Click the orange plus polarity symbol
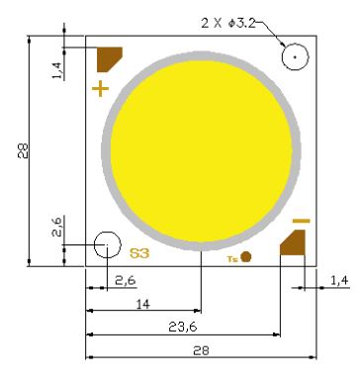click(100, 89)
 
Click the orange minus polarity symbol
click(302, 221)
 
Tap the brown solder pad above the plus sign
click(108, 58)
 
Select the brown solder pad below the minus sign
click(293, 243)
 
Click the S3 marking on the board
click(139, 253)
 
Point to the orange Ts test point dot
click(246, 256)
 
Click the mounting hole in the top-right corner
click(295, 56)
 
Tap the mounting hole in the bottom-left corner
click(108, 244)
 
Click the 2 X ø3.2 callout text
click(228, 23)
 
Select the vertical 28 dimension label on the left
click(23, 150)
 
